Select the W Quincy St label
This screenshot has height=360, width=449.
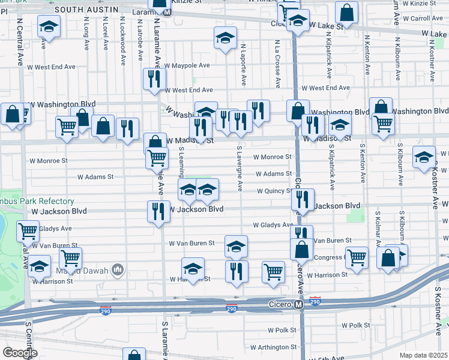(x=274, y=191)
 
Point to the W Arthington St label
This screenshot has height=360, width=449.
(x=273, y=347)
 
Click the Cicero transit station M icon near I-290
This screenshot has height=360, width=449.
(x=298, y=305)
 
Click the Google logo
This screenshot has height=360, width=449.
(x=20, y=353)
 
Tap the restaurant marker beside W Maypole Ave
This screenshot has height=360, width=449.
(x=153, y=79)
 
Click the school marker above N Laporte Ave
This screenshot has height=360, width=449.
(x=225, y=39)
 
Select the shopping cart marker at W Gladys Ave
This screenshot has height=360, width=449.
(x=28, y=230)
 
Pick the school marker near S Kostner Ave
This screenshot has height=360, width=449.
(x=424, y=157)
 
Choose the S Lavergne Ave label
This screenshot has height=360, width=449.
(x=239, y=169)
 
